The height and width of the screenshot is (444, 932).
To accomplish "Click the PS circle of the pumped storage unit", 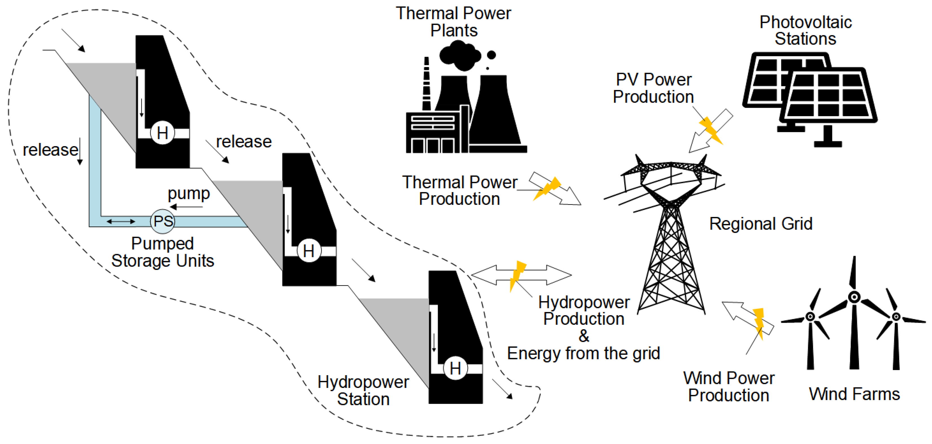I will point(163,221).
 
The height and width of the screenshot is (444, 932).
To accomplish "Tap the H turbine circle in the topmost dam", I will point(163,133).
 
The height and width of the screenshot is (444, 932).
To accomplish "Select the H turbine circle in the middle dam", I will point(309,250).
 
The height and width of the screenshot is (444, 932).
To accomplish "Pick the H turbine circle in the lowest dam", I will point(455,368).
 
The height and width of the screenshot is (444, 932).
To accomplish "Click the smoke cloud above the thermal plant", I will point(459,55).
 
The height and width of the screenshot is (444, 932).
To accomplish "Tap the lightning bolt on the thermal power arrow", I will point(547,188).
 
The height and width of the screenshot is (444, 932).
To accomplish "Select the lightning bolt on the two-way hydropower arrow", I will point(517,276).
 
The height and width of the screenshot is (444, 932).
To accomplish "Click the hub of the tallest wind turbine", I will point(854,297).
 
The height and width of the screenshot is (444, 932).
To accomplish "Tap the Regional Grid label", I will point(760,223).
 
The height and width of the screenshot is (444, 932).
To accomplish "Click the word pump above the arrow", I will point(188,194).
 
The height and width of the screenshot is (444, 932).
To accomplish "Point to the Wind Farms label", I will point(854,394).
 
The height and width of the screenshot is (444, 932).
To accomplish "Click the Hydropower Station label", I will point(363,390).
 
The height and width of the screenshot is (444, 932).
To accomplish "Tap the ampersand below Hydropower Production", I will point(584,336).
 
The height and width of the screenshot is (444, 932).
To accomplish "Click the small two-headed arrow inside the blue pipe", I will point(121,221).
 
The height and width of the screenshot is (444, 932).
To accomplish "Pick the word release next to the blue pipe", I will point(50,150).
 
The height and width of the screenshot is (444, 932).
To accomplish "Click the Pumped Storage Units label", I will point(163,252).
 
